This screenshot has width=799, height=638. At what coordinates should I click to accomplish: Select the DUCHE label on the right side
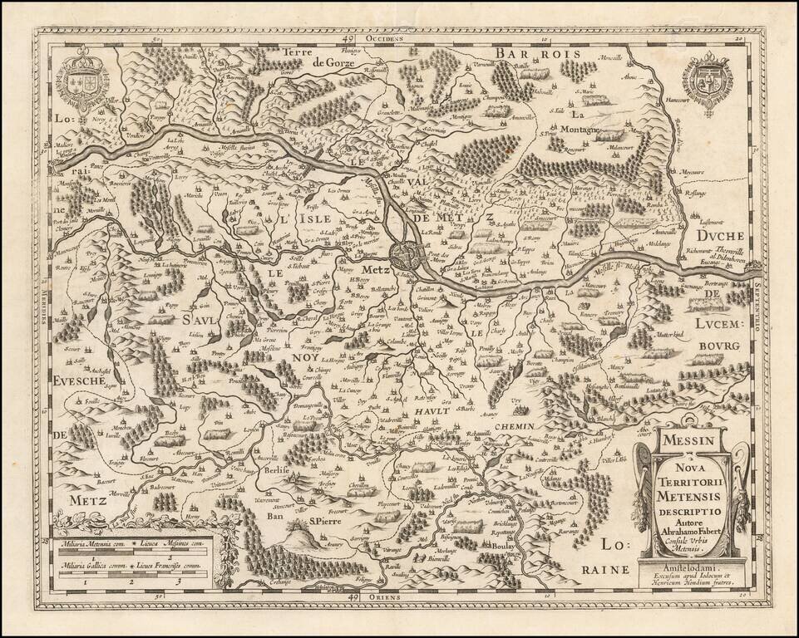(x=724, y=236)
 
